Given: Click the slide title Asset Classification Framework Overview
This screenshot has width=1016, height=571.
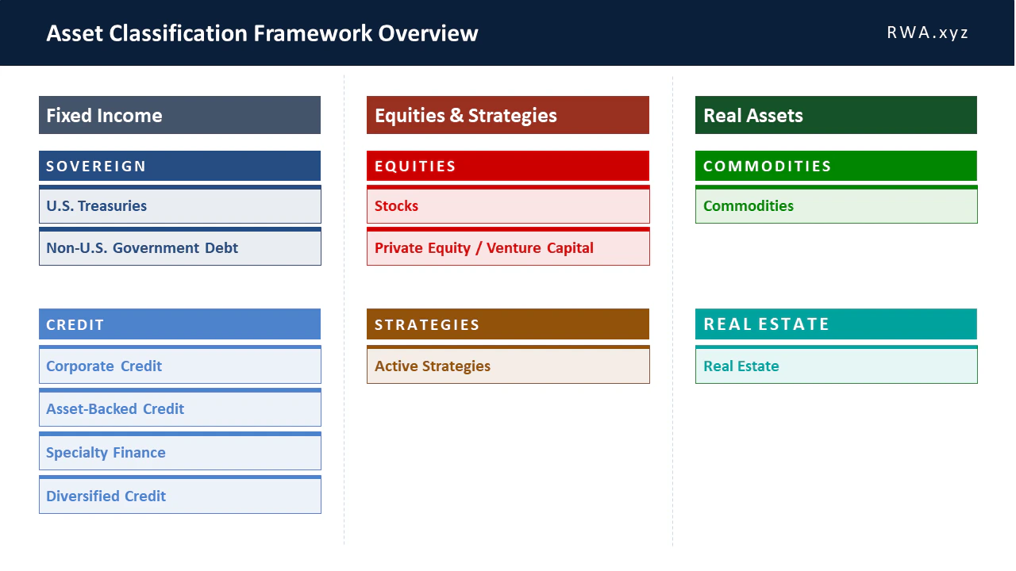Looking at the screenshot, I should coord(262,33).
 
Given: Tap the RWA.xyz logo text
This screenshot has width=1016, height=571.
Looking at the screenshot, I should coord(927,33).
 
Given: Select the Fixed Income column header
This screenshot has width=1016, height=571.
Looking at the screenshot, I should coord(179,115).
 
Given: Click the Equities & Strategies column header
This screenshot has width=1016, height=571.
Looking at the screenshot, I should coord(507,115).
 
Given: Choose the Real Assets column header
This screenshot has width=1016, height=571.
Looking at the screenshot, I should coord(836,115).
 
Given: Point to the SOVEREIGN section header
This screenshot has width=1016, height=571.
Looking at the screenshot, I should coord(179,166).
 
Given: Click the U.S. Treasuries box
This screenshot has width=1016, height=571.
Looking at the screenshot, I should coord(179,205).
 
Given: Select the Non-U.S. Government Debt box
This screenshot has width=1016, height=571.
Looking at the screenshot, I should coord(179,247).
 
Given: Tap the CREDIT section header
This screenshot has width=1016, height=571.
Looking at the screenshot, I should coord(179,324).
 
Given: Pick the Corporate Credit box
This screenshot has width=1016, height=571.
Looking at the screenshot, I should coord(179,366).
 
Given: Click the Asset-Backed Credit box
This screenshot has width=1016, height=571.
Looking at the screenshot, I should coord(179,408).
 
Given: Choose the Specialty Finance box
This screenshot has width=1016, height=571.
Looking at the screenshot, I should coord(179,452).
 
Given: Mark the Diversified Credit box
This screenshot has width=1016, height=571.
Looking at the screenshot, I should coord(179,496).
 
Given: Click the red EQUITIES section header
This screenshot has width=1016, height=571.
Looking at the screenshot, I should coord(507,166).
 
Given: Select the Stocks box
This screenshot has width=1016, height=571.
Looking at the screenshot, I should coord(507,205).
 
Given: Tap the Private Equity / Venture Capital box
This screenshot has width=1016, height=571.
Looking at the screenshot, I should coord(507,247).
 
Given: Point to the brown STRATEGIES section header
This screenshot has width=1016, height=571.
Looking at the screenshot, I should coord(507,324).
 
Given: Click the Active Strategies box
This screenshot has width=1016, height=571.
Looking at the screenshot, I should coord(507,366).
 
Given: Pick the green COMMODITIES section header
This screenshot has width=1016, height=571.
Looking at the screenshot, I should coord(836,166).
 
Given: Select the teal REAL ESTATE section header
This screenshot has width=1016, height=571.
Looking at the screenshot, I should coord(836,324).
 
